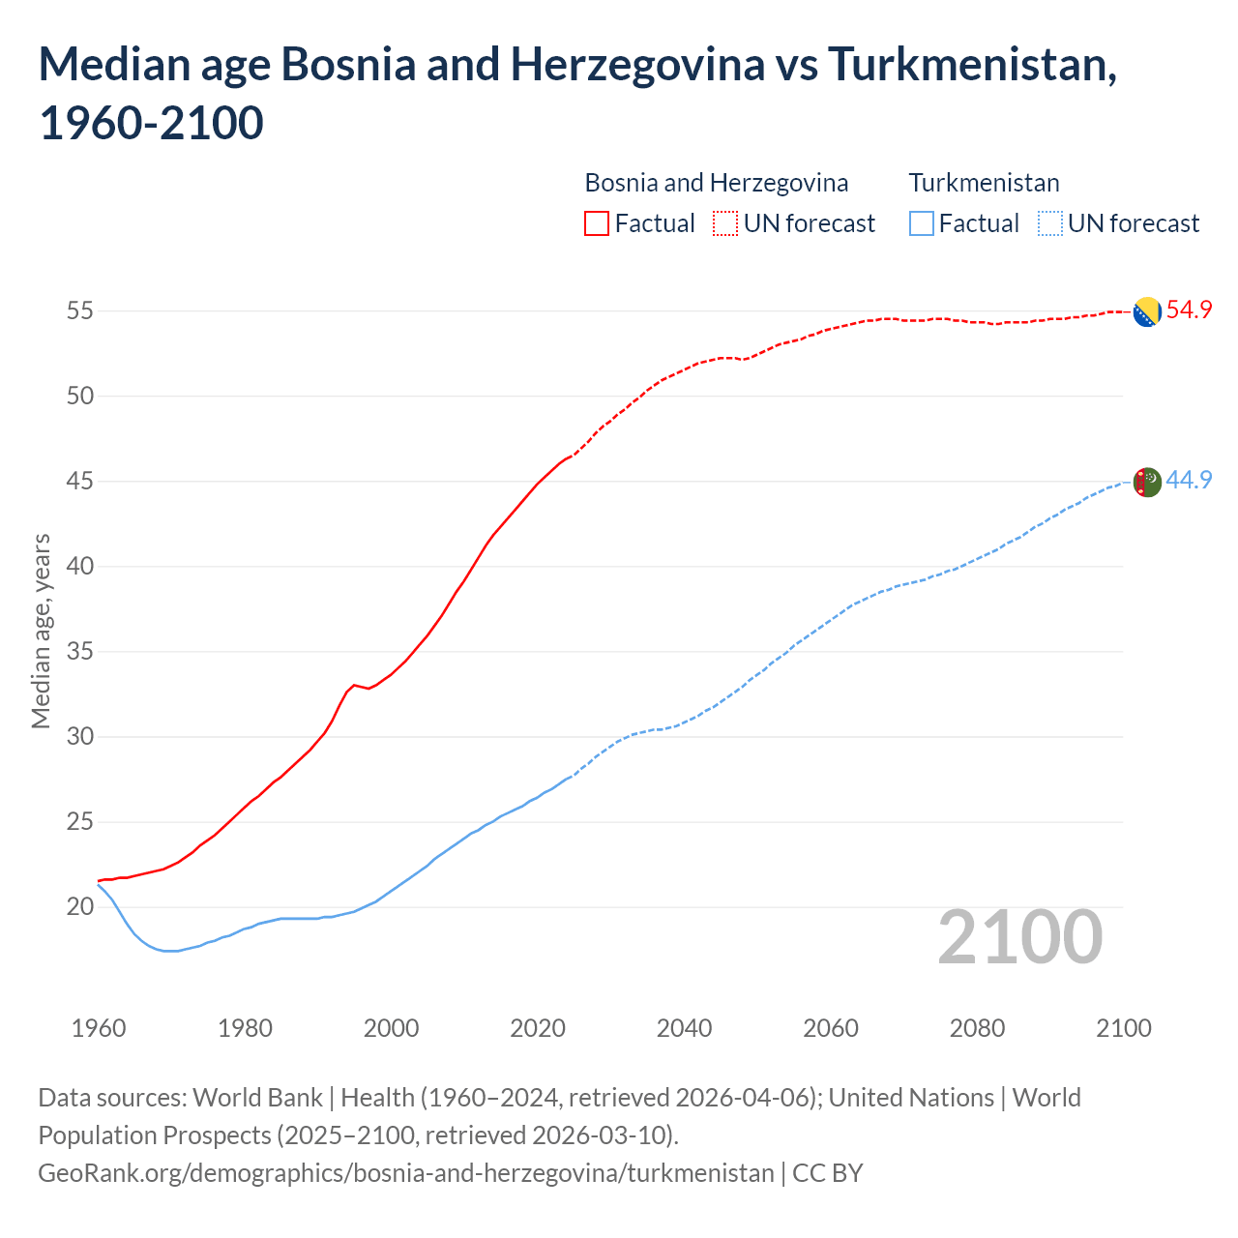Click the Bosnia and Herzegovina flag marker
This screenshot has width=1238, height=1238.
[1146, 311]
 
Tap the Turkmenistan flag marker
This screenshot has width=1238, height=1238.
[1146, 481]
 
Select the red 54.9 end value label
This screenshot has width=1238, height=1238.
[1189, 310]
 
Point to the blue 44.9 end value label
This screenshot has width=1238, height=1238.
[1189, 480]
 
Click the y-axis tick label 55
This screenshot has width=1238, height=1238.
[80, 311]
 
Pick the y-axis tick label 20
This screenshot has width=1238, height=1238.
[80, 907]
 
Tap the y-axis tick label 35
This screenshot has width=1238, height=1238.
[80, 652]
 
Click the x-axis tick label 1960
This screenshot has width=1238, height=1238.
[99, 1028]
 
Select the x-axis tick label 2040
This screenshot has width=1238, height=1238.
[684, 1028]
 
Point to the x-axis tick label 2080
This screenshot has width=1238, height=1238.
[977, 1028]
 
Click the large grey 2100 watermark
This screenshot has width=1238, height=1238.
[1019, 937]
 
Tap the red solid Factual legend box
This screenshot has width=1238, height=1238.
[597, 223]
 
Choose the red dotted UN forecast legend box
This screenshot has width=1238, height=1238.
[725, 223]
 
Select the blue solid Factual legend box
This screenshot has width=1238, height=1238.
[922, 223]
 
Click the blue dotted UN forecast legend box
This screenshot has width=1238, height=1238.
[1049, 223]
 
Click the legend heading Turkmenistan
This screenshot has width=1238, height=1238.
[984, 183]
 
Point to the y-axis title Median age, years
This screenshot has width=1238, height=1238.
[41, 631]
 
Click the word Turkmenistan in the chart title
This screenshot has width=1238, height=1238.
[972, 65]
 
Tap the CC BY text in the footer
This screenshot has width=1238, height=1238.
[828, 1173]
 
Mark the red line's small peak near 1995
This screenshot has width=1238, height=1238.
[354, 685]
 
